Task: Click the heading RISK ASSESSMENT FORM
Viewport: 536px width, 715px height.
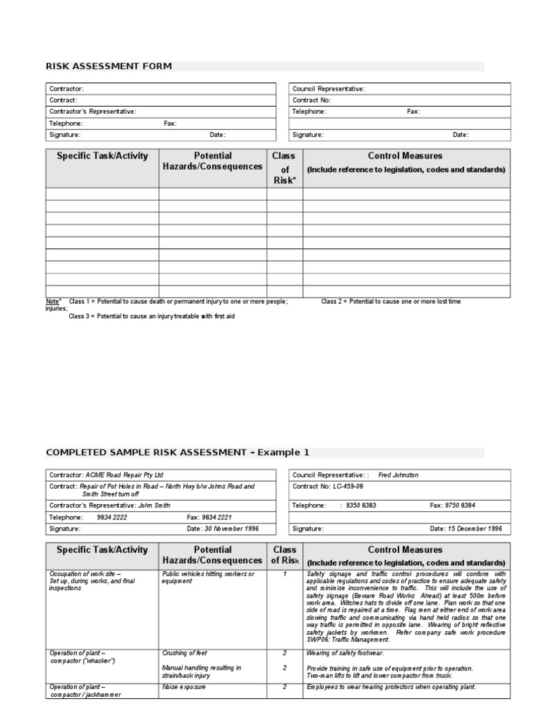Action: pos(108,66)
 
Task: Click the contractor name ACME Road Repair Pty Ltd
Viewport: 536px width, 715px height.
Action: pos(124,475)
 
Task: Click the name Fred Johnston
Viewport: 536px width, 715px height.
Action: pos(399,475)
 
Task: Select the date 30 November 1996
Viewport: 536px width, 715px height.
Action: pos(232,529)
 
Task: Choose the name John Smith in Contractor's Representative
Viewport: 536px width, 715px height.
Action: pos(156,505)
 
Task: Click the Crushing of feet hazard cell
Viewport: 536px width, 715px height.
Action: pos(185,653)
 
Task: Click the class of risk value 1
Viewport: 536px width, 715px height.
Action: pos(285,574)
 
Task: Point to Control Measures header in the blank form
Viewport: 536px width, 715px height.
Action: pos(405,156)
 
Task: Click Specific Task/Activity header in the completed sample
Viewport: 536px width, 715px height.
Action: pos(103,550)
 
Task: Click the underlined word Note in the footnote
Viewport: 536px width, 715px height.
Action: pos(52,302)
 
